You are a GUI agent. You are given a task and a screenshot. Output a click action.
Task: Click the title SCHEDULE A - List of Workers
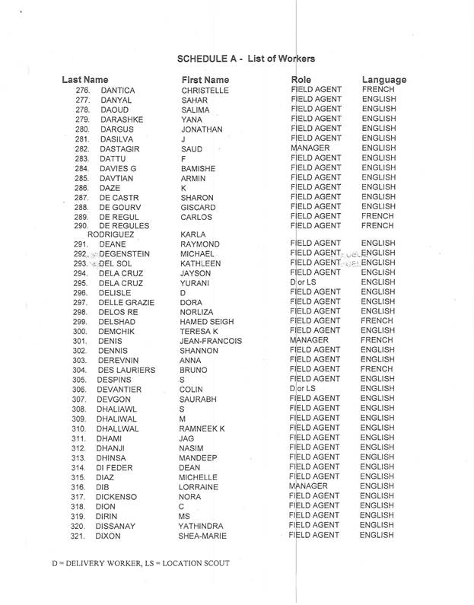coord(246,59)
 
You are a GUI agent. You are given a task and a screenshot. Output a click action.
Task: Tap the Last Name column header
coord(85,80)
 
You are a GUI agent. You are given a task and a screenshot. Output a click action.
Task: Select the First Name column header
coord(205,80)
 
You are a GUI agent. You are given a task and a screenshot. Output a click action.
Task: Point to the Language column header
coord(383,80)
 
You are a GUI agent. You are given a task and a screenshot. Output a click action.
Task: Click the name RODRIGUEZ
coord(113,234)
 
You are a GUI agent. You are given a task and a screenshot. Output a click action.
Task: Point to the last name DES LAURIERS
coord(126,370)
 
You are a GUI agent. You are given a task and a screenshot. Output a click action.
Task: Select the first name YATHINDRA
coord(199,525)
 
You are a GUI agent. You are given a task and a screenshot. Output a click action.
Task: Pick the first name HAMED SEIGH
coord(207,321)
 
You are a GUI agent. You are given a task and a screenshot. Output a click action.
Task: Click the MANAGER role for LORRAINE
coord(309,486)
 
